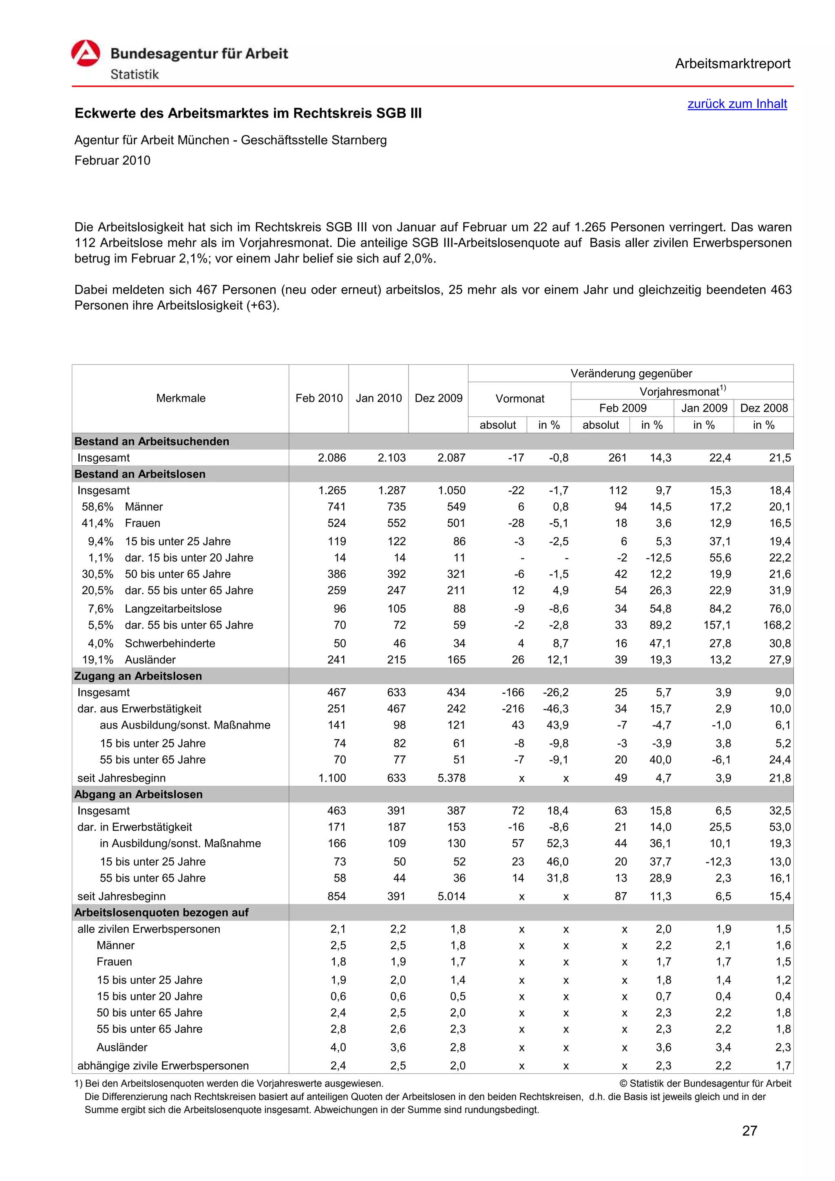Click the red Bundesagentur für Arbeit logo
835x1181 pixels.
(85, 53)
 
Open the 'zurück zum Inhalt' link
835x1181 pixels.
(737, 104)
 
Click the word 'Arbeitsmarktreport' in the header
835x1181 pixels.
(732, 64)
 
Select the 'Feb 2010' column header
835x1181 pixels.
(318, 398)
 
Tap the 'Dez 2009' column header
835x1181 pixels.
(438, 398)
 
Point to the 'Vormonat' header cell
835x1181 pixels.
(519, 399)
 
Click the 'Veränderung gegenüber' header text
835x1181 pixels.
(631, 373)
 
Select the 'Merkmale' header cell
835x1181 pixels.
(181, 398)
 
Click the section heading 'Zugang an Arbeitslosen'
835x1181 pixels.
(138, 676)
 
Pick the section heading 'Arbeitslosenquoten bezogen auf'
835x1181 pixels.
(161, 912)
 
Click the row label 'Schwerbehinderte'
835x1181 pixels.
(170, 643)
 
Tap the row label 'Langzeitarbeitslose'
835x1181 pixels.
(173, 608)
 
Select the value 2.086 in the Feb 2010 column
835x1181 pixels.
(332, 458)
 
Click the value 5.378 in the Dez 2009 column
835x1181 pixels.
(451, 778)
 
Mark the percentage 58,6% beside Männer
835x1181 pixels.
(97, 507)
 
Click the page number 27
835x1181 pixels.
(750, 1130)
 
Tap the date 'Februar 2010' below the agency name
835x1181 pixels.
(112, 161)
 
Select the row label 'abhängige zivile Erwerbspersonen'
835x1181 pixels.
(163, 1065)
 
